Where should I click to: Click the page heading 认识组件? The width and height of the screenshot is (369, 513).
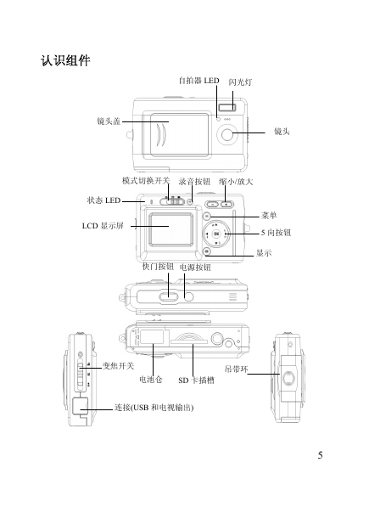point(65,60)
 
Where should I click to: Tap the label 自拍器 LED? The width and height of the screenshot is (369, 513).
point(198,81)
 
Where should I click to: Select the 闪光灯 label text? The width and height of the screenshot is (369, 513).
point(240,82)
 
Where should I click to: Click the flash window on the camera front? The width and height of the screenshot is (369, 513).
point(227,107)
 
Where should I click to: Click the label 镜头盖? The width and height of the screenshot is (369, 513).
point(109,121)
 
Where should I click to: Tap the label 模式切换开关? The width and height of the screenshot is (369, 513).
point(146,181)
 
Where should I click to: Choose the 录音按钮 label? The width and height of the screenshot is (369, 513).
point(194,182)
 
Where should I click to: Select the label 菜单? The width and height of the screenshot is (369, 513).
point(269,215)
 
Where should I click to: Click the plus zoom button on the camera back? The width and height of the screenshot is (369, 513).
point(226,204)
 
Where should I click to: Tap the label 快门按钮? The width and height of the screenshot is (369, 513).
point(158,267)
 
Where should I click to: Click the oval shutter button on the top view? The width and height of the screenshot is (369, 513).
point(169,296)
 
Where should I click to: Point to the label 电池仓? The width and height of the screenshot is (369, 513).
point(150,380)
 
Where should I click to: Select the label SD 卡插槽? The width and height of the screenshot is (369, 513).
point(196,381)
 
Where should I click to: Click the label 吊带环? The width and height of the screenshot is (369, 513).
point(237,369)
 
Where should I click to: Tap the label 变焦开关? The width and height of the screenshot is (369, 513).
point(118,366)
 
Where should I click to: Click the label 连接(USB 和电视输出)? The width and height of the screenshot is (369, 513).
point(154,408)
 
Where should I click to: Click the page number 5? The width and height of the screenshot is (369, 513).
point(321,455)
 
